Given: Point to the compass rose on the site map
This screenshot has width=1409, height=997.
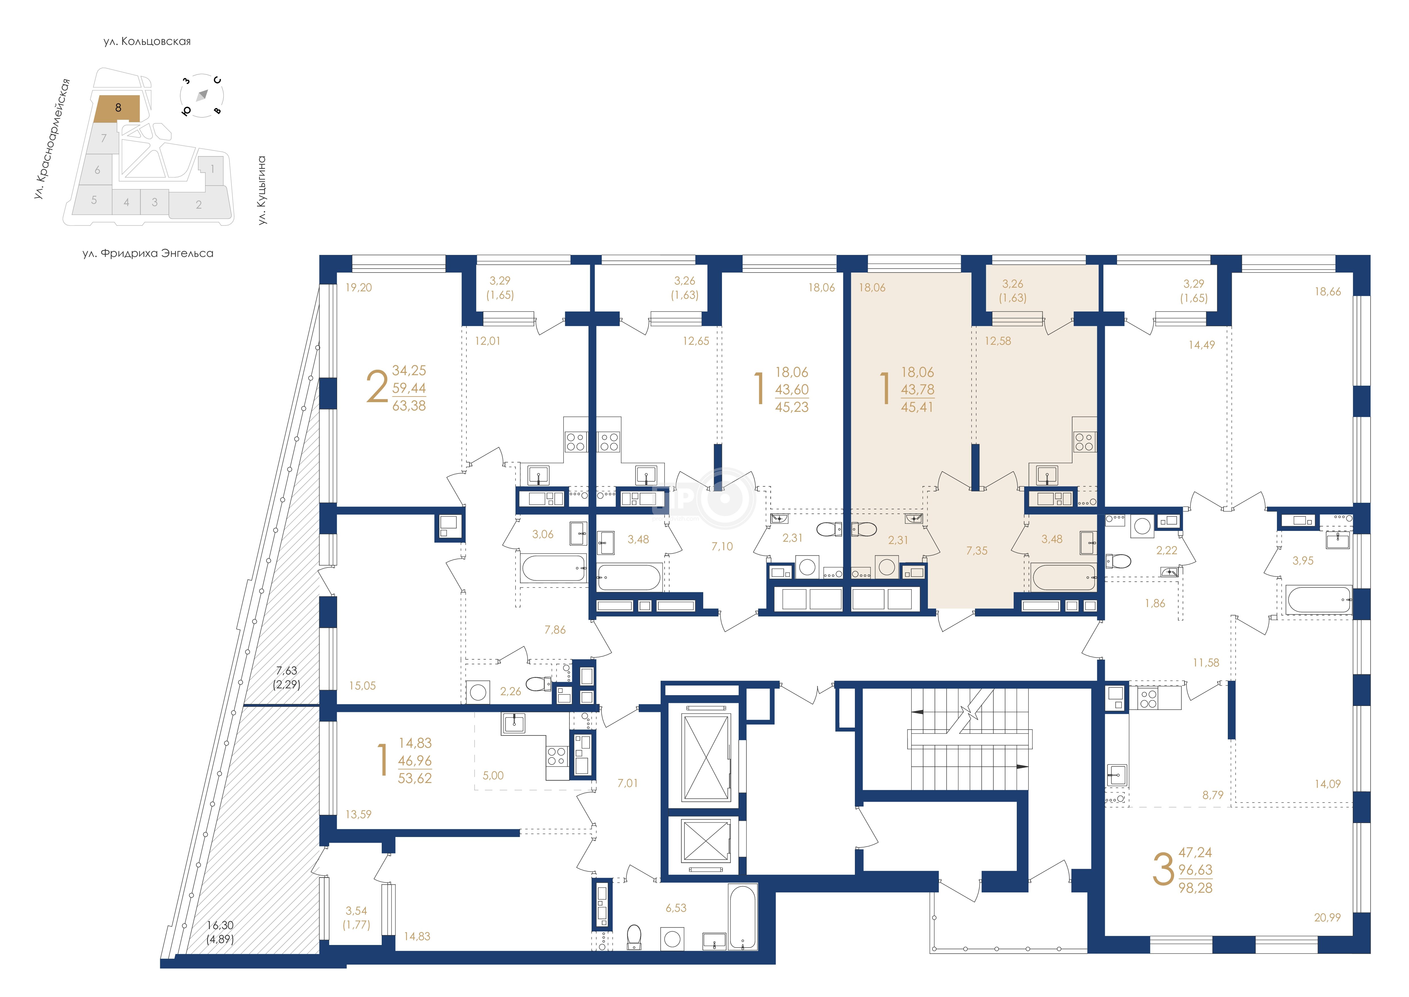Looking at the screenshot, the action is (202, 95).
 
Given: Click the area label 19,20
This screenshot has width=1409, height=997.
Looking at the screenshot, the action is (358, 287).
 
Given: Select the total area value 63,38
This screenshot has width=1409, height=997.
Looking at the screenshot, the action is (409, 406).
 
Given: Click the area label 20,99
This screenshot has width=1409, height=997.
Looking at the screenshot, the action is (1327, 917).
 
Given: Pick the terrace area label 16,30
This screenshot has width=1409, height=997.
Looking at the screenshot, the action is (220, 925).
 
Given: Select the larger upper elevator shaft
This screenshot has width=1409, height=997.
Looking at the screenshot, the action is (706, 757).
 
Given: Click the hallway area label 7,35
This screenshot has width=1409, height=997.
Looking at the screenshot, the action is (977, 551).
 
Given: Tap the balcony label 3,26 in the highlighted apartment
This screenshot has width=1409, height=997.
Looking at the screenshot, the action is (1013, 284).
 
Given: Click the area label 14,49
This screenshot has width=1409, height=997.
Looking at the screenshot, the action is (1202, 345).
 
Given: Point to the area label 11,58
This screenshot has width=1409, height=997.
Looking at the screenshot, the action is (1206, 662).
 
